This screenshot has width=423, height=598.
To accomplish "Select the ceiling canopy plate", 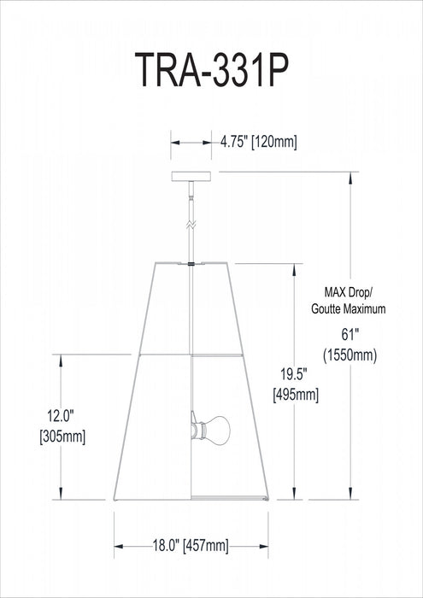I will point(191,177).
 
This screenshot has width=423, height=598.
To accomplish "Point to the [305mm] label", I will point(61,436).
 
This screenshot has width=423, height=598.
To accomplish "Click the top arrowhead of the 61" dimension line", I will point(350,174).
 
